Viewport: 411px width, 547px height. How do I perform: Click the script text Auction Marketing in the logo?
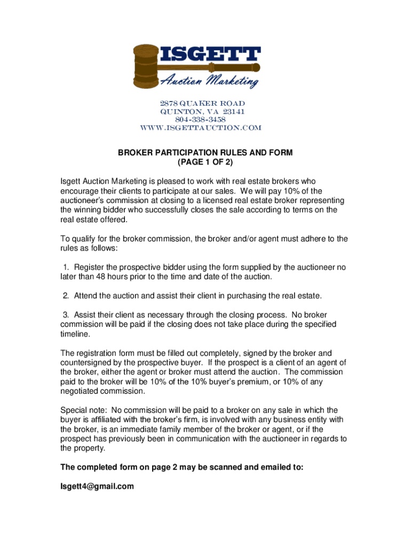209,81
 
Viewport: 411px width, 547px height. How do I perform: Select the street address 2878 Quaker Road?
202,103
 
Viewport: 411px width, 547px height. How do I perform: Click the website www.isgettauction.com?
201,128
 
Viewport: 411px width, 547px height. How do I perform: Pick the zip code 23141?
233,112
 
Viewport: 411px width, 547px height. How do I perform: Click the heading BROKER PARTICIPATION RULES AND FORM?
205,153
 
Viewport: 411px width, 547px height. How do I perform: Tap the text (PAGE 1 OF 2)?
205,162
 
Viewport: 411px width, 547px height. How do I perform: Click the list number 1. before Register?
66,267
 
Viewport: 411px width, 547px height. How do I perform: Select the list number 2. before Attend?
66,296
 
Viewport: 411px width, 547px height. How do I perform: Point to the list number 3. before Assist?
66,315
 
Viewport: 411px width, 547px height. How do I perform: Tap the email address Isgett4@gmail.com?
97,487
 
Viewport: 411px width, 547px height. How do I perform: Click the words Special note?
81,410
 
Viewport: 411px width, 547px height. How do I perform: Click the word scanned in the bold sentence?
218,467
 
